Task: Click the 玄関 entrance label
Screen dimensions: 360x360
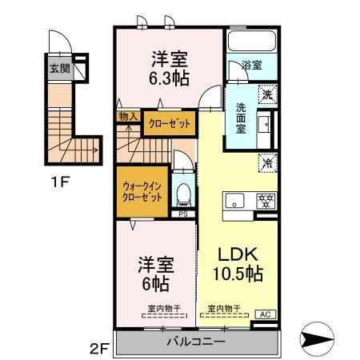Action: (58, 69)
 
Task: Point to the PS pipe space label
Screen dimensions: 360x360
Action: (182, 214)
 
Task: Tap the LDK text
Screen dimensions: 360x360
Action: (238, 254)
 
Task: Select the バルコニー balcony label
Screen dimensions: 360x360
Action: (195, 342)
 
